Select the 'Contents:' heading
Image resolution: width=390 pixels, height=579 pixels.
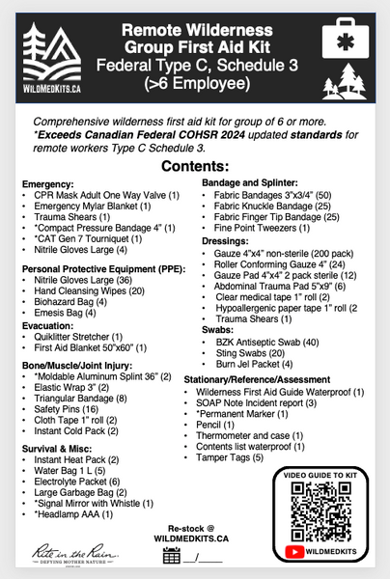(x=194, y=167)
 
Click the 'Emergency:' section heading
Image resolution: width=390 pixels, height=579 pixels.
(x=47, y=181)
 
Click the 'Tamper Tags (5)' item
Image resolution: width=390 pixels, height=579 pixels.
(x=237, y=456)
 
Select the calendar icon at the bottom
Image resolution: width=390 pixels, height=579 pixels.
(x=173, y=555)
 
